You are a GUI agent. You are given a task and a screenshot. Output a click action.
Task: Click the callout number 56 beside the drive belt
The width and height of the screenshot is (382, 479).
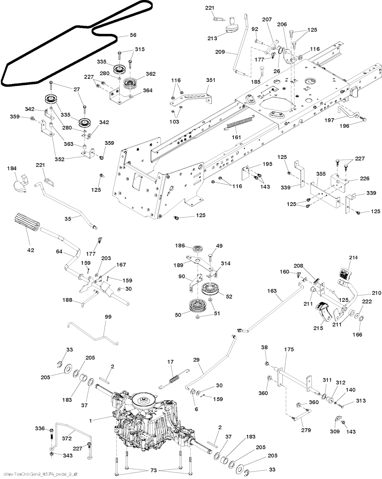tap(133, 35)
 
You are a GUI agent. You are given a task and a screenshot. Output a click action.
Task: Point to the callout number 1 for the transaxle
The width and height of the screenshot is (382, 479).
tap(91, 420)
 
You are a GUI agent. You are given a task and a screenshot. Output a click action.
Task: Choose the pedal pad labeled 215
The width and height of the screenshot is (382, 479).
tap(324, 310)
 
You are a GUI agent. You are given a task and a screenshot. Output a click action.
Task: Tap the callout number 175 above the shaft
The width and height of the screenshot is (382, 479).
tap(289, 350)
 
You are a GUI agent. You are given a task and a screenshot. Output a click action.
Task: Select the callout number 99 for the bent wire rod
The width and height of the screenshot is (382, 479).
tap(108, 316)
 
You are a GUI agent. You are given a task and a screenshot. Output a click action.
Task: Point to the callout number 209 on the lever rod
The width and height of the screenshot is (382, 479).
tap(220, 52)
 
